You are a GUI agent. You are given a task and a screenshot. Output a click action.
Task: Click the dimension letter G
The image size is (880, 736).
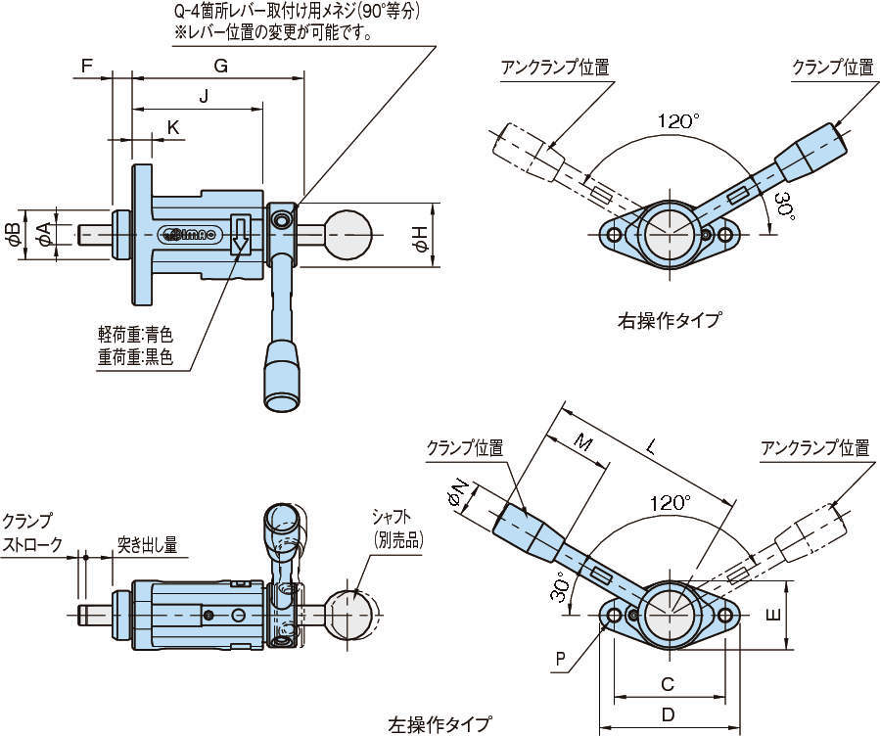(220, 66)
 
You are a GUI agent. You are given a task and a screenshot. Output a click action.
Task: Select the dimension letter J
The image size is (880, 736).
(204, 96)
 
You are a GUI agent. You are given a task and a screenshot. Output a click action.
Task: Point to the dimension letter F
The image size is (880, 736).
(86, 66)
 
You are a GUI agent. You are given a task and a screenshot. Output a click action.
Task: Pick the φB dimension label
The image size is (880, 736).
(13, 235)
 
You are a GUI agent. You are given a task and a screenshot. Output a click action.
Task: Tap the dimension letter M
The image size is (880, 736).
(583, 442)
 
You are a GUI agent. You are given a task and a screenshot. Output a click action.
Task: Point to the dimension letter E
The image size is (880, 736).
(772, 615)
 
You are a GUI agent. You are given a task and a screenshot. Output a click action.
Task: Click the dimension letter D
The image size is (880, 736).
(668, 714)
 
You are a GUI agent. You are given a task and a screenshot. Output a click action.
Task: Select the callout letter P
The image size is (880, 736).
(559, 659)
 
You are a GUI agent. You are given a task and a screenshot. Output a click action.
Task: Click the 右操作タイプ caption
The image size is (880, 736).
(670, 319)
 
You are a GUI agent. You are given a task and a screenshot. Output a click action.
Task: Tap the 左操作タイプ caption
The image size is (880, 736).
(440, 724)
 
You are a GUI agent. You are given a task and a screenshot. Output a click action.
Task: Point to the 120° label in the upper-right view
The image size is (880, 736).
(678, 121)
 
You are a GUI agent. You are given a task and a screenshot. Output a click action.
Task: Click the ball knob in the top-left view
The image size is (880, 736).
(348, 236)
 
